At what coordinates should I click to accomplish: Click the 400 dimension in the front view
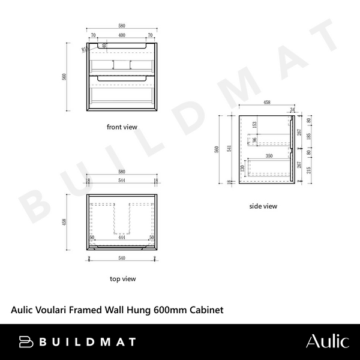pos(122,36)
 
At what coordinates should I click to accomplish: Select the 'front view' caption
pos(122,127)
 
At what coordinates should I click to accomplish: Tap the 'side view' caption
pos(263,206)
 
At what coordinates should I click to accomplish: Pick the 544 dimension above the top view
pos(122,181)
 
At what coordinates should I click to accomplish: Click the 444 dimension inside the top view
pos(122,238)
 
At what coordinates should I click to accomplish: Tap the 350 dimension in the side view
pos(269,155)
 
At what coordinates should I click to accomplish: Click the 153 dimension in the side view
pos(254,125)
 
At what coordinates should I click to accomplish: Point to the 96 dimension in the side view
pos(254,141)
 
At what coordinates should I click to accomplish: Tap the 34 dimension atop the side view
pos(292,110)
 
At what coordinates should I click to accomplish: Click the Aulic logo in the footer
pos(327,341)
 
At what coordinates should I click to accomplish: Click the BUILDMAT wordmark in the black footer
pos(77,342)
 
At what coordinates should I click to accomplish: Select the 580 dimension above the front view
pos(122,27)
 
